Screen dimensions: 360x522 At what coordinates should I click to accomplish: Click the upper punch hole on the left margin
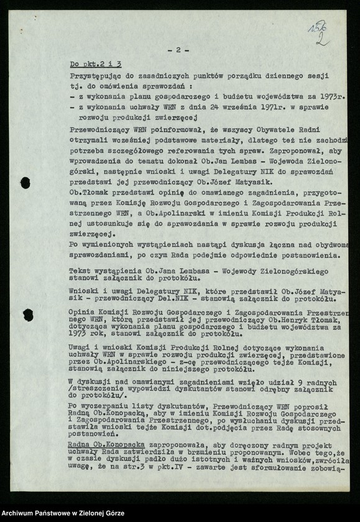[25, 183]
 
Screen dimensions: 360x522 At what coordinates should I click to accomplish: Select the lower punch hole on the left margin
[28, 314]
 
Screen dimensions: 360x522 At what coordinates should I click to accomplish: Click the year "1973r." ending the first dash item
[333, 98]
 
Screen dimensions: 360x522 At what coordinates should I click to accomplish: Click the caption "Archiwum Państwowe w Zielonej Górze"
[62, 513]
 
